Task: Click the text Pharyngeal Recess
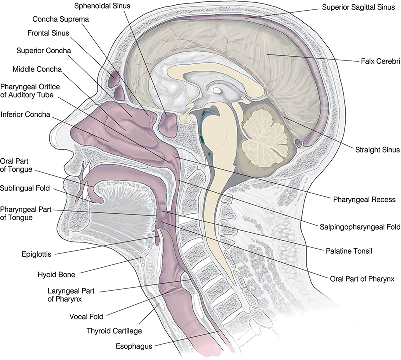tap(364, 199)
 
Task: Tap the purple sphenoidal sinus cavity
tap(168, 124)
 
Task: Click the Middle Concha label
tap(37, 68)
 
